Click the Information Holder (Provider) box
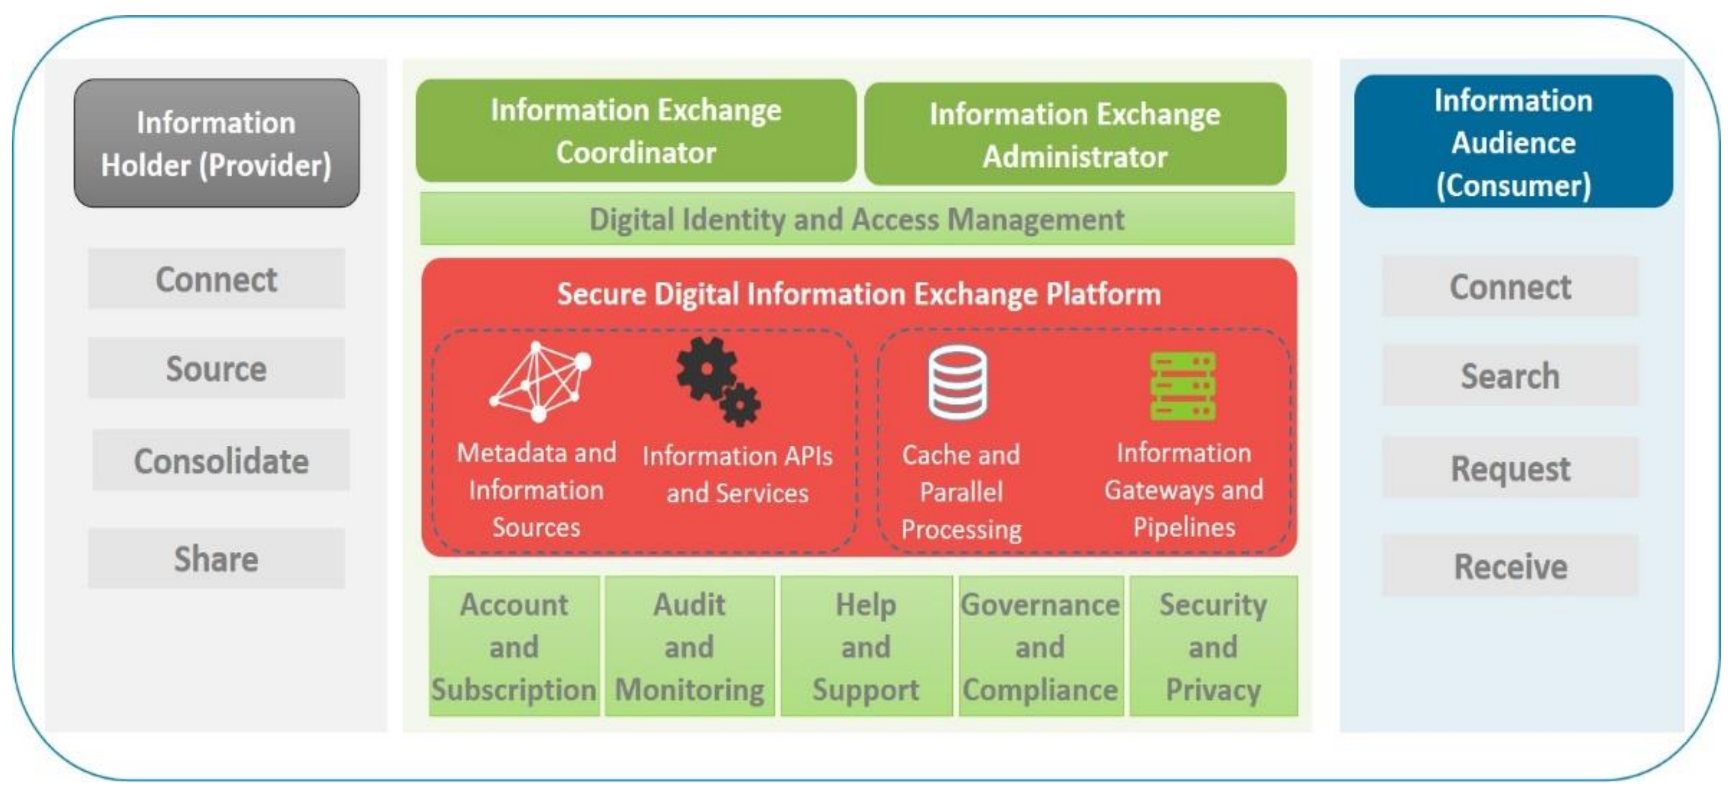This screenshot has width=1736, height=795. coord(216,143)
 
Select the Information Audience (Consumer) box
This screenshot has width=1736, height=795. coord(1513,141)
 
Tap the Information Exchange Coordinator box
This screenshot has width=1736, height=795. coord(635,131)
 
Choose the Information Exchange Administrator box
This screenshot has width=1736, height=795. coord(1075,134)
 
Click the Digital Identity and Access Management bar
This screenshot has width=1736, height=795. coord(857,219)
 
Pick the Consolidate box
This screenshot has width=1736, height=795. coord(221,461)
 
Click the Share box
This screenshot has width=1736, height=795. coord(216,559)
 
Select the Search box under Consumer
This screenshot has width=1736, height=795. coord(1510,375)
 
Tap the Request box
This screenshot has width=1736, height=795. coord(1510,467)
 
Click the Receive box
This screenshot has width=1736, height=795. coord(1510,566)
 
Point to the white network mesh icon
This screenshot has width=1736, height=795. coord(539,381)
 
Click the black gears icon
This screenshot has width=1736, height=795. coord(718,381)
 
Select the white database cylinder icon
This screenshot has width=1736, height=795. coord(957,382)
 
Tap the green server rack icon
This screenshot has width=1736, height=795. coord(1183,386)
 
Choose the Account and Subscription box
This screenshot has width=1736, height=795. coord(514,646)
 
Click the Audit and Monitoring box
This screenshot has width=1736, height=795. coord(689,646)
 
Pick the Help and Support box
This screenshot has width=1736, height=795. coord(866,646)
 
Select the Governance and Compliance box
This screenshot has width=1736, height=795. coord(1040,646)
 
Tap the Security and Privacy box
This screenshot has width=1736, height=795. coord(1213,646)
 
